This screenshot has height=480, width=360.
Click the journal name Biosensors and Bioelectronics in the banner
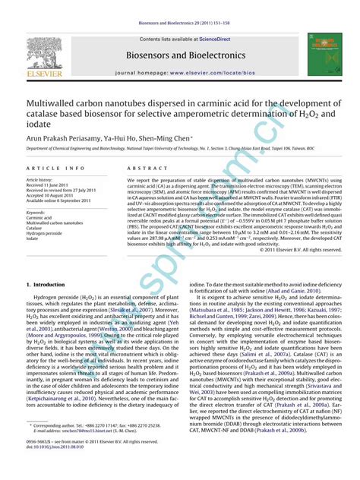(179, 54)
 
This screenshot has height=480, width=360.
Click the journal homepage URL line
(179, 73)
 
